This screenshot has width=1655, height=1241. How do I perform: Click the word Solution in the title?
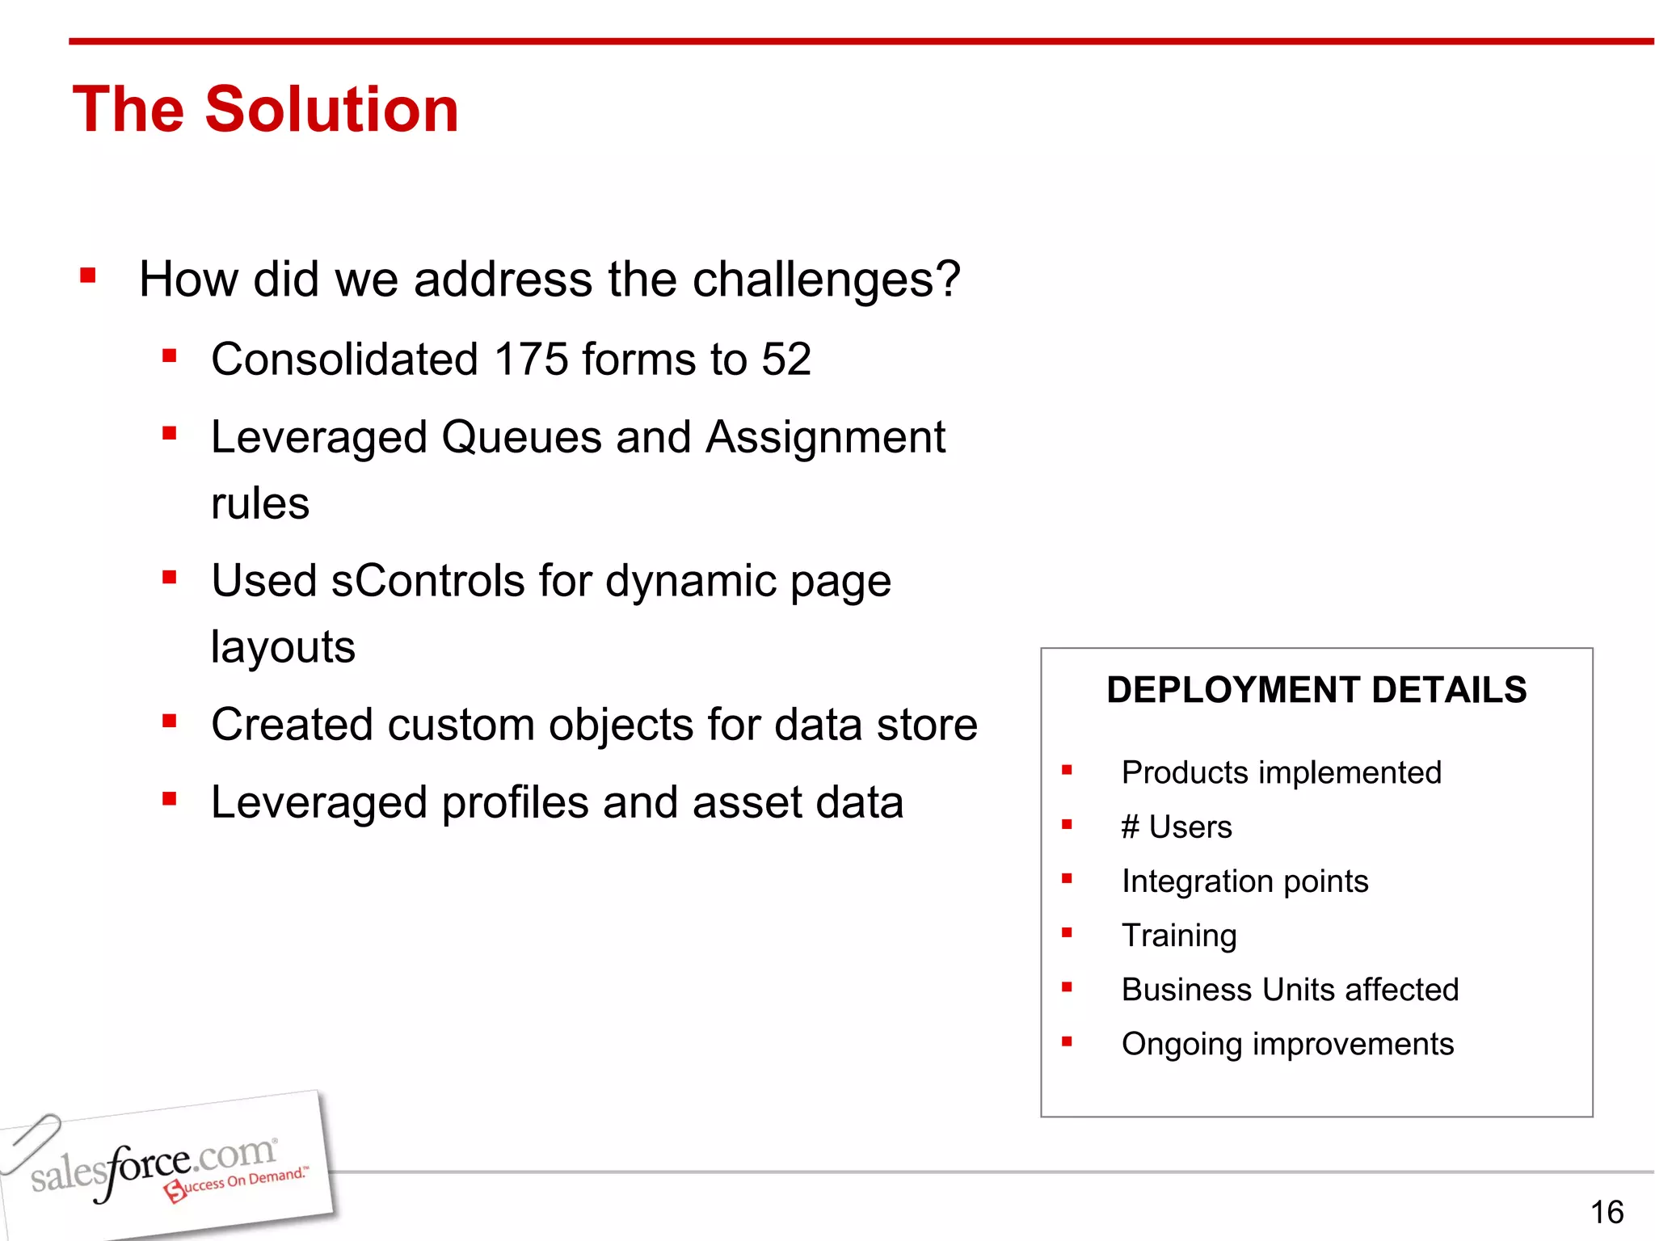point(331,109)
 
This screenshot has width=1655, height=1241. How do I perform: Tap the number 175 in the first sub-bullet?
point(531,360)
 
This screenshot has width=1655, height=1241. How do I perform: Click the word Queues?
point(521,439)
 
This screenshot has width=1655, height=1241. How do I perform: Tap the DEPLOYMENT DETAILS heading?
point(1316,690)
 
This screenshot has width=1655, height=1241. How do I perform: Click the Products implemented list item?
point(1281,773)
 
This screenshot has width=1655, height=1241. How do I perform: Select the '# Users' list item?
point(1176,827)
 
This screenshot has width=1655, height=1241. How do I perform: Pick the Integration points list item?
point(1244,881)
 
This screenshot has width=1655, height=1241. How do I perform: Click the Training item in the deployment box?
point(1178,936)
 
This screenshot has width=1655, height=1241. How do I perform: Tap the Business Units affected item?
point(1290,990)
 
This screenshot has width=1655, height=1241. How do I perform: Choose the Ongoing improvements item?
point(1287,1044)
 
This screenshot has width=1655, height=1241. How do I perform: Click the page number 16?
point(1606,1212)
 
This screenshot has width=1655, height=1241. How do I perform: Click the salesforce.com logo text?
point(154,1166)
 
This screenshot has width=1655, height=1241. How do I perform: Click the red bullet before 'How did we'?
point(88,277)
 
